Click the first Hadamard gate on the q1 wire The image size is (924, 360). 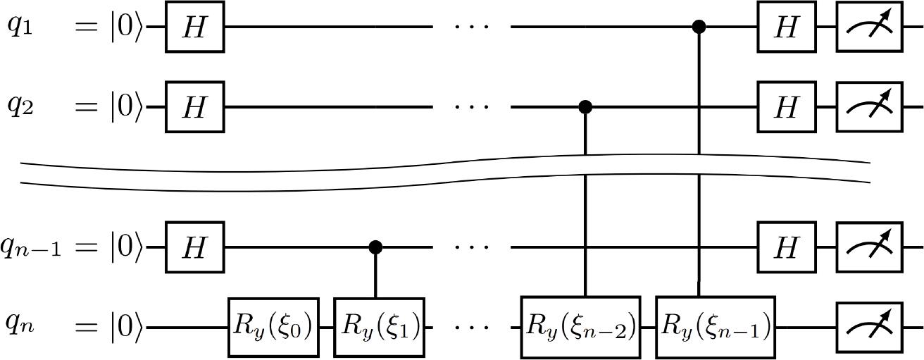tap(194, 28)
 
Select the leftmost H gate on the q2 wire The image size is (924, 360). tap(194, 108)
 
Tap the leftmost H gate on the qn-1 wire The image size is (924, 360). tap(194, 247)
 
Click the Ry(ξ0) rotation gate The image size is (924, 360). tap(273, 328)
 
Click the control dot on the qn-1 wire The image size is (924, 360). tap(377, 247)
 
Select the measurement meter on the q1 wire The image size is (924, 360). tap(869, 28)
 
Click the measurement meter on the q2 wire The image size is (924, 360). tap(869, 108)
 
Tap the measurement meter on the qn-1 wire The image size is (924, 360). tap(869, 247)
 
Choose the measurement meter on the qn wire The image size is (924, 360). tap(869, 328)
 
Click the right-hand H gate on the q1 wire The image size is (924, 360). tap(786, 28)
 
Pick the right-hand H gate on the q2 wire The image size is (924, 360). tap(786, 108)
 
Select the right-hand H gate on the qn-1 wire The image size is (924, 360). tap(786, 247)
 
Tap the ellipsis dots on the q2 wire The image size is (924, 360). tap(471, 108)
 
